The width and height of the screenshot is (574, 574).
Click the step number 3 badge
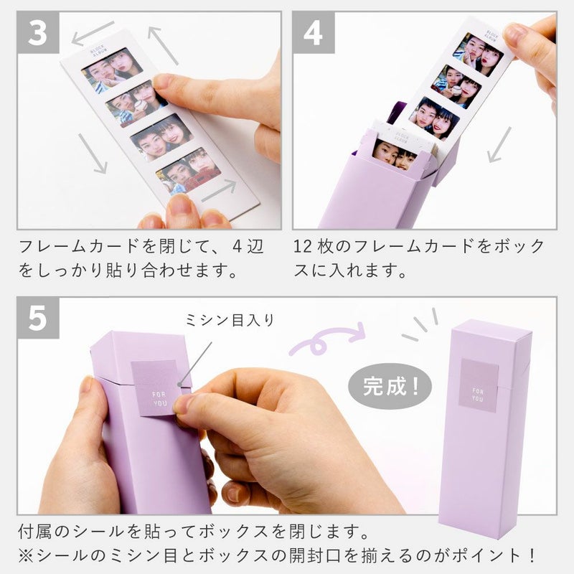pyautogui.click(x=38, y=32)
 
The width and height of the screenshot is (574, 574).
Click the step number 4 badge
pyautogui.click(x=314, y=32)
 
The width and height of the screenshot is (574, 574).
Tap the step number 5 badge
pyautogui.click(x=38, y=318)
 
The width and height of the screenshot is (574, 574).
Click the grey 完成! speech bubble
pyautogui.click(x=390, y=386)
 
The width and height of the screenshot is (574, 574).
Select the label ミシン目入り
pyautogui.click(x=230, y=320)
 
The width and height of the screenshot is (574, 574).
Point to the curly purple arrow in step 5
pyautogui.click(x=327, y=339)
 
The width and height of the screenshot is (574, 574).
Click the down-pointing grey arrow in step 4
pyautogui.click(x=499, y=145)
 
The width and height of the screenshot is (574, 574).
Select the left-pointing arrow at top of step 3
pyautogui.click(x=93, y=32)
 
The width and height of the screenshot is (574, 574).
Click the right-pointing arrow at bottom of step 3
pyautogui.click(x=219, y=190)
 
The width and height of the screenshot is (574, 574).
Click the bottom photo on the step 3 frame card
pyautogui.click(x=188, y=170)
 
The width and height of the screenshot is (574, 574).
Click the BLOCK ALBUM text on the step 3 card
pyautogui.click(x=98, y=51)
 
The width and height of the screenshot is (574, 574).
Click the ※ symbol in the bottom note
pyautogui.click(x=27, y=555)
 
